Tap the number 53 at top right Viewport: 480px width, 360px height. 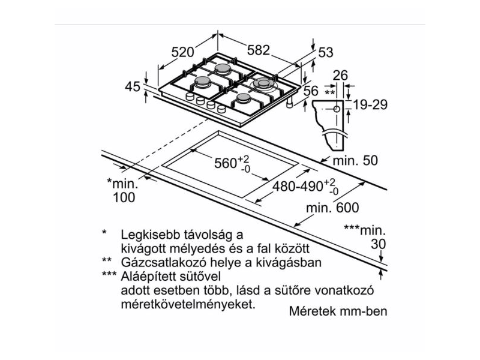[325, 53]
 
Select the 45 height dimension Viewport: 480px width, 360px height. [132, 88]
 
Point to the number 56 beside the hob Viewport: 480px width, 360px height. [311, 91]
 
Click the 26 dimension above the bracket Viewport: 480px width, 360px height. [341, 76]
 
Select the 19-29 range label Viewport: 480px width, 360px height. [371, 105]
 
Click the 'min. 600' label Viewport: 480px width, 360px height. [331, 208]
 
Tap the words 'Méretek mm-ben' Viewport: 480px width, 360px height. [338, 312]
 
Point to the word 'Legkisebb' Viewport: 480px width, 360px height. [148, 233]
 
